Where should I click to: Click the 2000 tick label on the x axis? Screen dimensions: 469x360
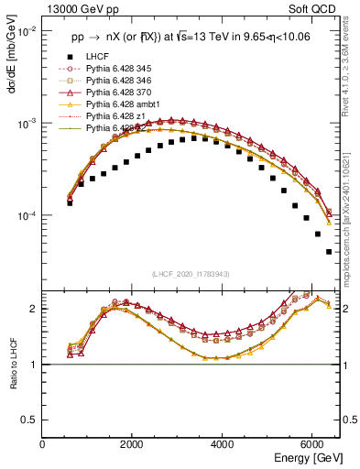pos(132,443)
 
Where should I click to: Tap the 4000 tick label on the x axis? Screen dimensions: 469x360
pos(222,443)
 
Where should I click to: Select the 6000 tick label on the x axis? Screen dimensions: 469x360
pos(311,443)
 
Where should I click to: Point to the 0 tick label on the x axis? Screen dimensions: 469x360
pos(42,443)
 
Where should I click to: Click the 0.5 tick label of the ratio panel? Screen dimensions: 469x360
pos(29,420)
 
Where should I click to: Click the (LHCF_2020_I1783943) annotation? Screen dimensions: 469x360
pos(191,274)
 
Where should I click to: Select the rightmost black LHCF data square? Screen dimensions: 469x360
pos(329,252)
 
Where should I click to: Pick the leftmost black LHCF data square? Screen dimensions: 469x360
pos(70,202)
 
